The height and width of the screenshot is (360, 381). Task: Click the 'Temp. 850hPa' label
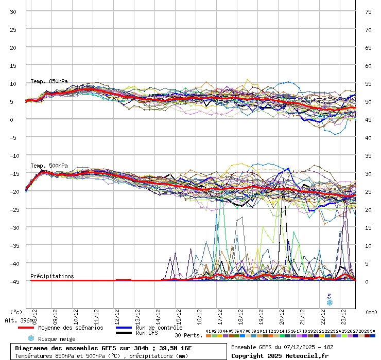tap(49, 81)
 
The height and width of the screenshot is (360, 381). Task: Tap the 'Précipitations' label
tap(52, 276)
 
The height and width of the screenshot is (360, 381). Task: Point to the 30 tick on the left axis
tap(13, 11)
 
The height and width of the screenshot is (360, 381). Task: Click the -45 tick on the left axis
tap(13, 281)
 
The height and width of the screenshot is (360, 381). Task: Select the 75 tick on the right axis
tap(368, 11)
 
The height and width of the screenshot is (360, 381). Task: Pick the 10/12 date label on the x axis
tap(75, 314)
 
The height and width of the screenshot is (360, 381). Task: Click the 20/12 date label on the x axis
tap(281, 314)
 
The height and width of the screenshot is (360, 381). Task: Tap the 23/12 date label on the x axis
tap(343, 314)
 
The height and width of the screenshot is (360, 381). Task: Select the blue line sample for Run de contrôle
tap(124, 328)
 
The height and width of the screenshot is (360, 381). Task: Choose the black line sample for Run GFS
tap(124, 333)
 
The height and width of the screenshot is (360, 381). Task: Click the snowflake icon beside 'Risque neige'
tap(31, 338)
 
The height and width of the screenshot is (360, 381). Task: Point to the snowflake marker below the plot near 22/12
tap(330, 302)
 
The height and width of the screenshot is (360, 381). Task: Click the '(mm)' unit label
tap(371, 312)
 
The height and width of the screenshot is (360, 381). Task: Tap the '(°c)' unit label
tap(16, 312)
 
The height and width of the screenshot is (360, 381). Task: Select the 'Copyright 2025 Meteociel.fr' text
tap(280, 355)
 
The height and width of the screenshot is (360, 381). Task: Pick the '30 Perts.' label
tap(189, 335)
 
